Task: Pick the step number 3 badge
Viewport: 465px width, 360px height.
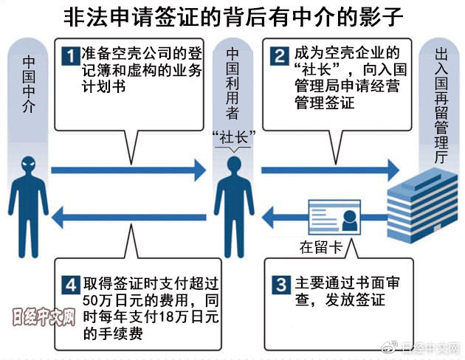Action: coord(278,283)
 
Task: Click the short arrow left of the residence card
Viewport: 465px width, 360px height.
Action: coord(280,215)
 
